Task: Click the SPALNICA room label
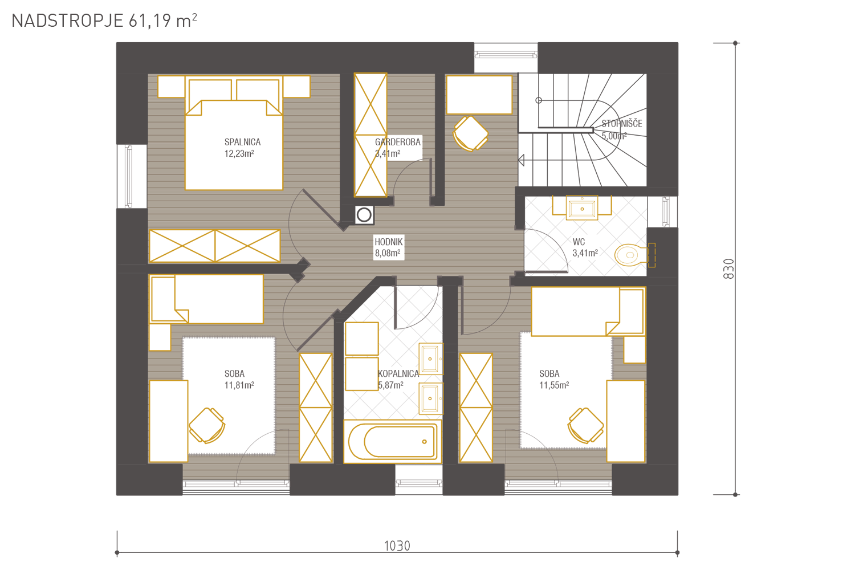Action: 242,142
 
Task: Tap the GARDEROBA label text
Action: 398,142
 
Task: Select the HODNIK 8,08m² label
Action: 388,247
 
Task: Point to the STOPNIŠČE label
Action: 622,124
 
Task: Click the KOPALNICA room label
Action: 398,374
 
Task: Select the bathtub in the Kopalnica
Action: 392,442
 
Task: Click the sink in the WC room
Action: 582,208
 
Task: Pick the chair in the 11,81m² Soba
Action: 207,426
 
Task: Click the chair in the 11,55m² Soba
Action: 585,426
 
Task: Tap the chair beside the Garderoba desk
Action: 470,134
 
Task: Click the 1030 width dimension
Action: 397,546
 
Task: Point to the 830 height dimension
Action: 728,269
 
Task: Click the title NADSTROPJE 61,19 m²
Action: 104,21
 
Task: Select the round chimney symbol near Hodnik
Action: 364,215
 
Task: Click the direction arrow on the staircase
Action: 521,160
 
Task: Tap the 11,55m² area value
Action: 554,385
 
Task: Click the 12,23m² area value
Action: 239,153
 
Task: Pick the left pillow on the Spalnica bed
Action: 210,90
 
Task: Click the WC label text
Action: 579,242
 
